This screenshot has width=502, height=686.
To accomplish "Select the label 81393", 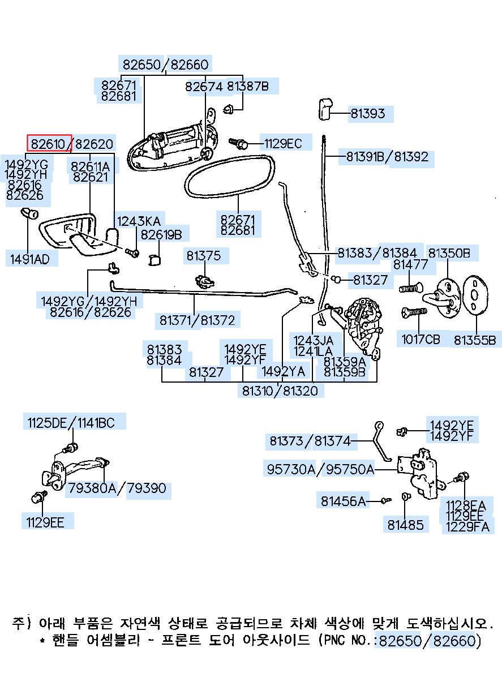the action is [x=367, y=114].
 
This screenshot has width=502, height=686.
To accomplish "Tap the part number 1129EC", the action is [x=283, y=143].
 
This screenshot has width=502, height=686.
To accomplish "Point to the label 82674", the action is [x=204, y=87].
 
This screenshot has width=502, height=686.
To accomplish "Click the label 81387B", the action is [x=248, y=87].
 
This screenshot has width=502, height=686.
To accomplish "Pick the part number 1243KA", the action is [x=139, y=221].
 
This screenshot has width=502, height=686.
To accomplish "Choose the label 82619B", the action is [x=161, y=235].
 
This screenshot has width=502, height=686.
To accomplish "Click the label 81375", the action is [x=203, y=256].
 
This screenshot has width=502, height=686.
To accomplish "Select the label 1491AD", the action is [x=29, y=259].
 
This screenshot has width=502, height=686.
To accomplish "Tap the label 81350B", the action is [x=449, y=253].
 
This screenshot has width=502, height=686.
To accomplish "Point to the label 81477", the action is [x=410, y=264].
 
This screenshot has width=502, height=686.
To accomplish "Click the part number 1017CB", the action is [x=421, y=340].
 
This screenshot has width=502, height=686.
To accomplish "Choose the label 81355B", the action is [x=474, y=340].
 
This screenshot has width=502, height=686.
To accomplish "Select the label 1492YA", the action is [x=284, y=371].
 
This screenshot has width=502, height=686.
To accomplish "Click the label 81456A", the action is [x=343, y=501].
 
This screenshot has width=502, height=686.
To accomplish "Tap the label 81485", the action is [x=405, y=525].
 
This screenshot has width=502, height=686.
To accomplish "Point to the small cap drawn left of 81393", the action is [x=325, y=109].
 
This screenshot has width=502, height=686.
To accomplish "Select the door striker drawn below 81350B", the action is [x=441, y=298].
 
